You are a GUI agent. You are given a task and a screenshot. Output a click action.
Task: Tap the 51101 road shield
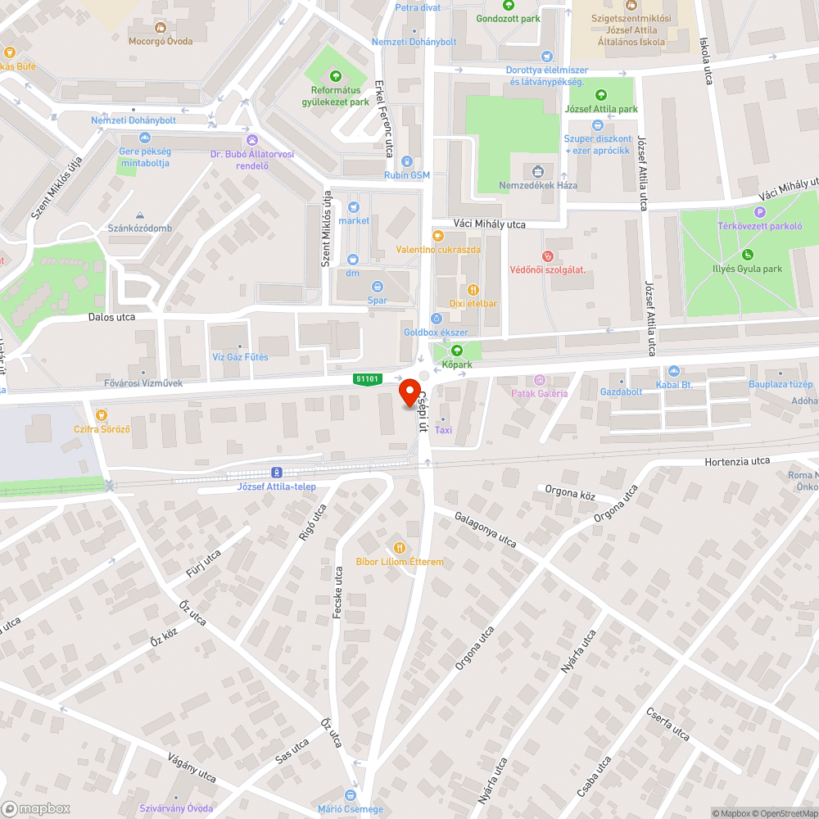pyautogui.click(x=367, y=378)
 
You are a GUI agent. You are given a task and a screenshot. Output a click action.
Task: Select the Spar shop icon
pyautogui.click(x=377, y=287)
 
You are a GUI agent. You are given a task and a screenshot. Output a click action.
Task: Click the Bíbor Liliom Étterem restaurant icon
pyautogui.click(x=399, y=547)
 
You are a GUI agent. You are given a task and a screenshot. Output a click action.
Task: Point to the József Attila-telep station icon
pyautogui.click(x=277, y=473)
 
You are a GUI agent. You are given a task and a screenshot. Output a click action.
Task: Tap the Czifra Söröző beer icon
pyautogui.click(x=102, y=415)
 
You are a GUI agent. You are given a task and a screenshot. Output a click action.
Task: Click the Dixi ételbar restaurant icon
pyautogui.click(x=473, y=289)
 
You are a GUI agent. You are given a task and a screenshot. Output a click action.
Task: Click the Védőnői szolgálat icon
pyautogui.click(x=548, y=256)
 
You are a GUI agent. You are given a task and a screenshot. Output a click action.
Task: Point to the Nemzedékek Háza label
pyautogui.click(x=538, y=185)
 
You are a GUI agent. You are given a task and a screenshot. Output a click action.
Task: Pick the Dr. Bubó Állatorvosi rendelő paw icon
pyautogui.click(x=251, y=140)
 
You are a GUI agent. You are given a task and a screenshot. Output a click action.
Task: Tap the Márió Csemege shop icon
pyautogui.click(x=351, y=795)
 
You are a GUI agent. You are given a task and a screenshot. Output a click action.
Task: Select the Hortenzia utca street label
pyautogui.click(x=737, y=461)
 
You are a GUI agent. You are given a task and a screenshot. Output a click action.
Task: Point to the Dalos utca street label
pyautogui.click(x=112, y=316)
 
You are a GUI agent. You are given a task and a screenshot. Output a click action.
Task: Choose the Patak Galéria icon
pyautogui.click(x=539, y=380)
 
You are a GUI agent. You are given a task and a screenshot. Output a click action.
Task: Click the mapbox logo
pyautogui.click(x=36, y=808)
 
